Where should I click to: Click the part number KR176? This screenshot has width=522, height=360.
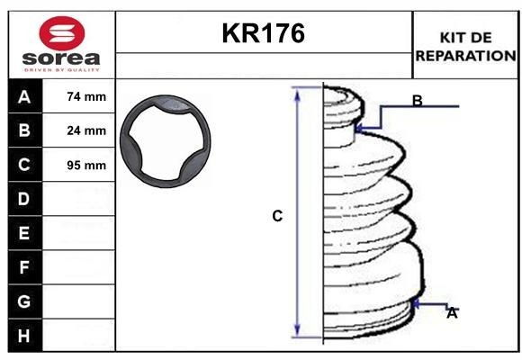tap(264, 34)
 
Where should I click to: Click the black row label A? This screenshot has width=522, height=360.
tap(24, 96)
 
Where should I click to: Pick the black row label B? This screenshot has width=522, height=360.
tap(24, 130)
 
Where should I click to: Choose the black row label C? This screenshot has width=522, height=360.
tap(24, 165)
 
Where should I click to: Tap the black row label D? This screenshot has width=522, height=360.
tap(24, 199)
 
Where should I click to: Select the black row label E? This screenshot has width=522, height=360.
tap(24, 233)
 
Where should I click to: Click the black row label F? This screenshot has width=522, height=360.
tap(24, 267)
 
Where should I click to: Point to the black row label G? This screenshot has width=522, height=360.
tap(24, 301)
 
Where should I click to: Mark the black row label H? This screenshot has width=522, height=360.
tap(24, 336)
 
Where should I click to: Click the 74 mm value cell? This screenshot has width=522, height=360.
tap(86, 96)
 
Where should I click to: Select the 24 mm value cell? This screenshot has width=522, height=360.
tap(86, 130)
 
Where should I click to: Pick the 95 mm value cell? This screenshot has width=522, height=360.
tap(86, 166)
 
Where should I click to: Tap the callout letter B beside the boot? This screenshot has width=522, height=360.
tap(417, 101)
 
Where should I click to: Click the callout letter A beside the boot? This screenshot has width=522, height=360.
tap(452, 313)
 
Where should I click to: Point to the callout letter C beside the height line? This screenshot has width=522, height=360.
tap(277, 216)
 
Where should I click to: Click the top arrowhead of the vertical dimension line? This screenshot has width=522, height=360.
tap(298, 92)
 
